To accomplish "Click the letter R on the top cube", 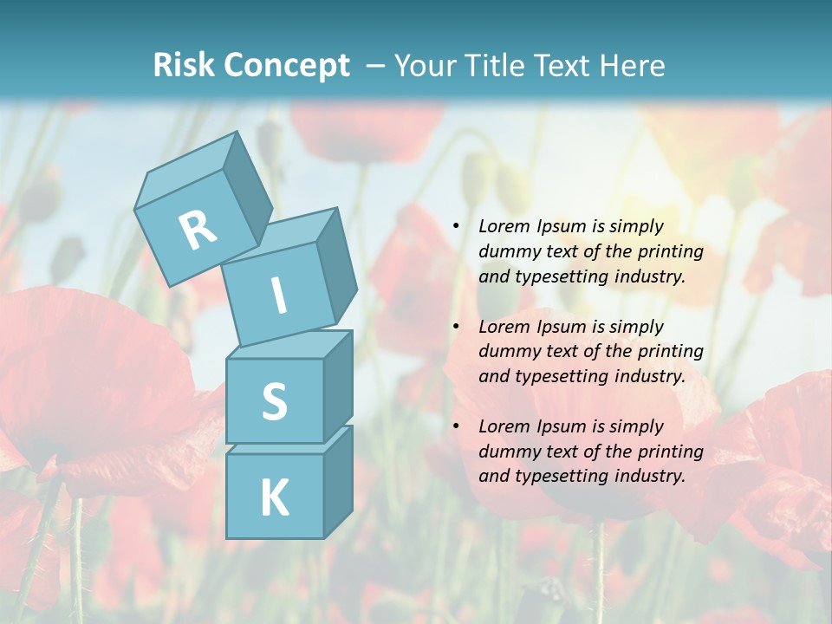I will click(x=198, y=231).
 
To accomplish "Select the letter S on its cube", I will click(x=274, y=402).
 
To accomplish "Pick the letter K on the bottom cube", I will click(x=274, y=498).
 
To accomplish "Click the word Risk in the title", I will click(x=183, y=65).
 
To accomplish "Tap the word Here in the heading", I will click(x=633, y=66).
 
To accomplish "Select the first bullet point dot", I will click(x=456, y=227).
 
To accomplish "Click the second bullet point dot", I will click(x=456, y=328).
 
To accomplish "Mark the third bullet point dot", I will click(x=456, y=427).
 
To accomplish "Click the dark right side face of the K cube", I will click(x=337, y=482).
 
